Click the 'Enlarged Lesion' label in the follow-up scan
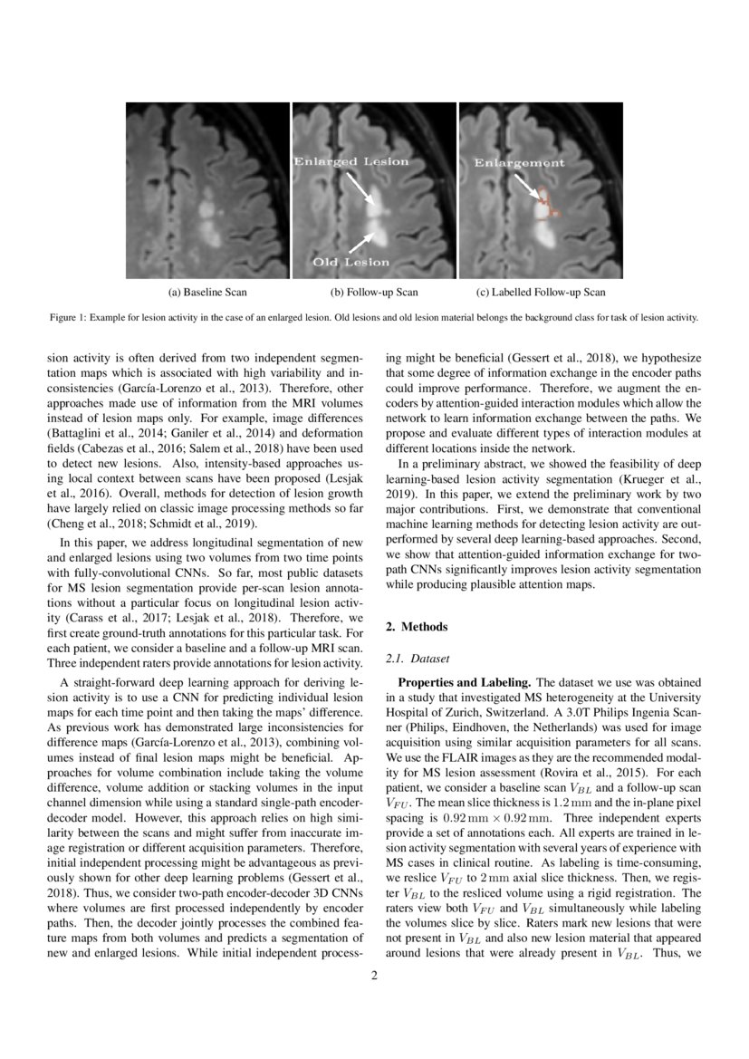[x=350, y=161]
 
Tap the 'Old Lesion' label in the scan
[x=350, y=263]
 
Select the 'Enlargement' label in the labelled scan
[x=520, y=163]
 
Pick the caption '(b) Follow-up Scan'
[x=373, y=293]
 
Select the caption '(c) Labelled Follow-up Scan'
[x=541, y=293]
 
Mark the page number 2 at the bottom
[x=374, y=976]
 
